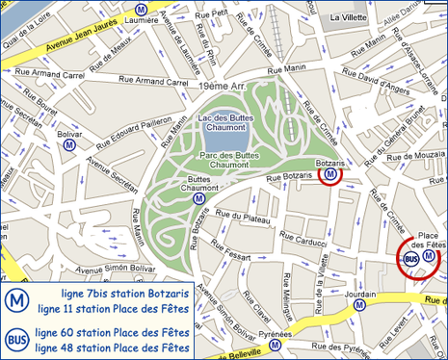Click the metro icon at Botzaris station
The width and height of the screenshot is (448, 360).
331,174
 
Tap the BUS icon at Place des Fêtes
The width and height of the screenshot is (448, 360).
410,258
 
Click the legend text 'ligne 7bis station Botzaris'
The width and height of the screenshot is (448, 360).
112,292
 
